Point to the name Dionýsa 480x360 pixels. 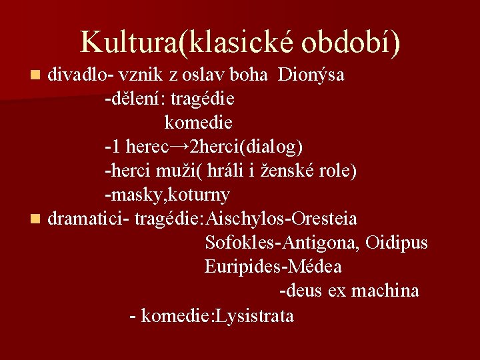tap(311, 75)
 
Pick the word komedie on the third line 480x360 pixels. tap(199, 123)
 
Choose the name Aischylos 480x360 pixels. tap(246, 219)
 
